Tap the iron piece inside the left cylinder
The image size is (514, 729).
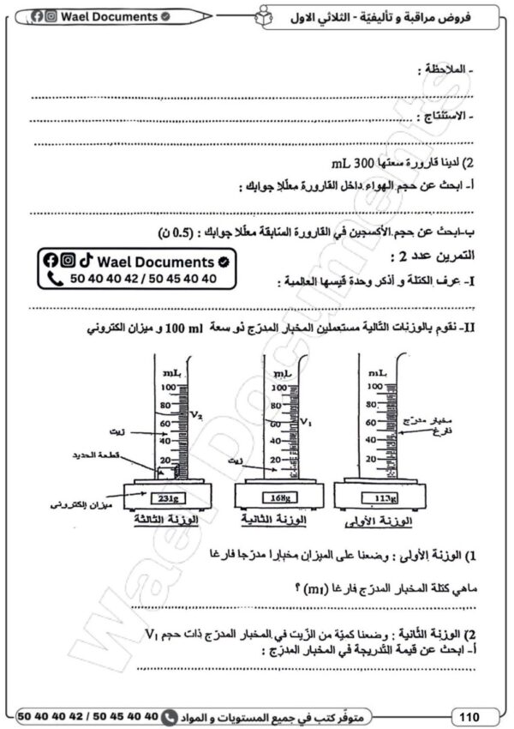click(x=170, y=472)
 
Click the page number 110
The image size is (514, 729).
click(x=469, y=715)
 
